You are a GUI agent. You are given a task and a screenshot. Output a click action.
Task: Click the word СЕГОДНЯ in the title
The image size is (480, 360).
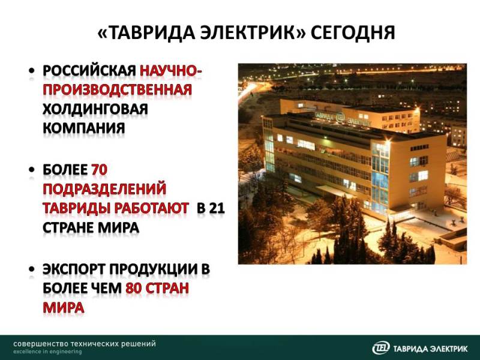coord(353,32)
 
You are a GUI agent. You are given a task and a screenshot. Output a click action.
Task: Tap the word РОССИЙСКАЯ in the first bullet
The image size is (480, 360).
coord(89,71)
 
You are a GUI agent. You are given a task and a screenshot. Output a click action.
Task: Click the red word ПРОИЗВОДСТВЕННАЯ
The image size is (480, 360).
coord(117,89)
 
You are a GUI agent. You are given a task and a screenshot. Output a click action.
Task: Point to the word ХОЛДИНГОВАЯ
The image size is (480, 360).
coord(95,109)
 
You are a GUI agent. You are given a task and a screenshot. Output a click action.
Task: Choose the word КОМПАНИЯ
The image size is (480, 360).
coord(83,128)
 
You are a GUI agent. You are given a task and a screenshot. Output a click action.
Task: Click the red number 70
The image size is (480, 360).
coord(99,170)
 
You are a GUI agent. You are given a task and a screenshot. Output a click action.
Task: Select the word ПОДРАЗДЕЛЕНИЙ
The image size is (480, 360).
coord(104,189)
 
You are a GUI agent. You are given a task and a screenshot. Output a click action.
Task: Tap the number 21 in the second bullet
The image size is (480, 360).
coord(217,208)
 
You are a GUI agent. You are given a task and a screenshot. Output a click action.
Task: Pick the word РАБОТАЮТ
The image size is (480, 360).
coord(152,208)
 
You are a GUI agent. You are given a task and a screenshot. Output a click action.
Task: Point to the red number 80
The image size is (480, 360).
coord(133,289)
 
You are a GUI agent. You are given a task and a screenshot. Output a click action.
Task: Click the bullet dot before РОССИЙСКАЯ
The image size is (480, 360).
coord(32,71)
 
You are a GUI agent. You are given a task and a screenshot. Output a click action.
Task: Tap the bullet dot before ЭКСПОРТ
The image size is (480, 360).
coord(32,269)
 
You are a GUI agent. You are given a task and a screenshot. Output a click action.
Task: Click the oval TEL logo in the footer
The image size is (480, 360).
coord(381,348)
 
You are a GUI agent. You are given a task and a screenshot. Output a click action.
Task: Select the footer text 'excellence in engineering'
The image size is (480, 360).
coord(47,352)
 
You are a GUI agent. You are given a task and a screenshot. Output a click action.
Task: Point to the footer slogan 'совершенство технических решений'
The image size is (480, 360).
coord(85,344)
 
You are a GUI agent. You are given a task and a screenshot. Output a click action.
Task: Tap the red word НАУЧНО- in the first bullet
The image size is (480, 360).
coord(171,71)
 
